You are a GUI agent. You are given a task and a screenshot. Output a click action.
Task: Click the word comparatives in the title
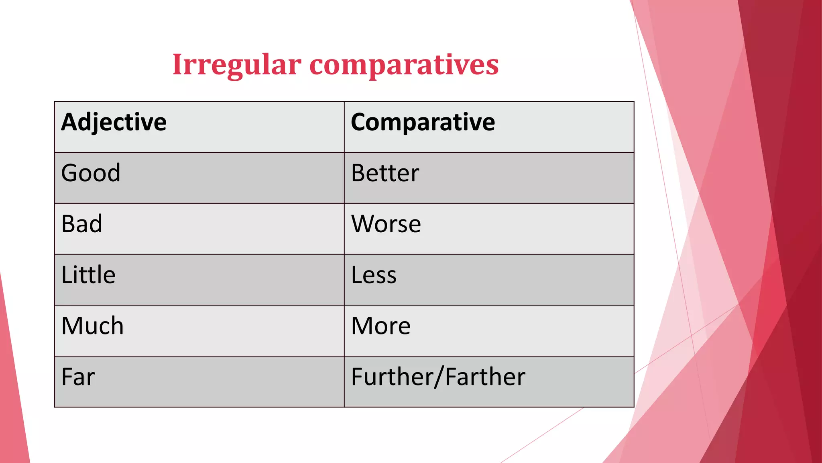404,65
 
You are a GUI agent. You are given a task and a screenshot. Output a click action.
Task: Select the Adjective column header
114,122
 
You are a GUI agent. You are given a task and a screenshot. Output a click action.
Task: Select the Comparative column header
423,122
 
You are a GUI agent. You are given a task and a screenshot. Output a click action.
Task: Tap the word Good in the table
91,173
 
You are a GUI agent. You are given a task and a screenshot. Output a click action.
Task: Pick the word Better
385,173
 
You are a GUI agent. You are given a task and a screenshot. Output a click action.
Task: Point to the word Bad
82,224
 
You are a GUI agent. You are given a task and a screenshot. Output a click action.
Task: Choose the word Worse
386,224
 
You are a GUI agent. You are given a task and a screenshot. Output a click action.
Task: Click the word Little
88,275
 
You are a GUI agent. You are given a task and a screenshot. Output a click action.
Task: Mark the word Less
374,275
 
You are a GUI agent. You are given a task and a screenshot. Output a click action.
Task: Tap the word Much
92,326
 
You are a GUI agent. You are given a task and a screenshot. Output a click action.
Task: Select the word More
380,326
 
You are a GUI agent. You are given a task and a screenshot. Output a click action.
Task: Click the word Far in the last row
78,377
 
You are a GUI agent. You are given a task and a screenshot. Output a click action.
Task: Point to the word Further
391,377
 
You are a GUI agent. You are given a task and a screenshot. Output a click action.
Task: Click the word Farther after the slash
485,377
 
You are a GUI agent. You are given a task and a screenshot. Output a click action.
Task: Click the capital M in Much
71,326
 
